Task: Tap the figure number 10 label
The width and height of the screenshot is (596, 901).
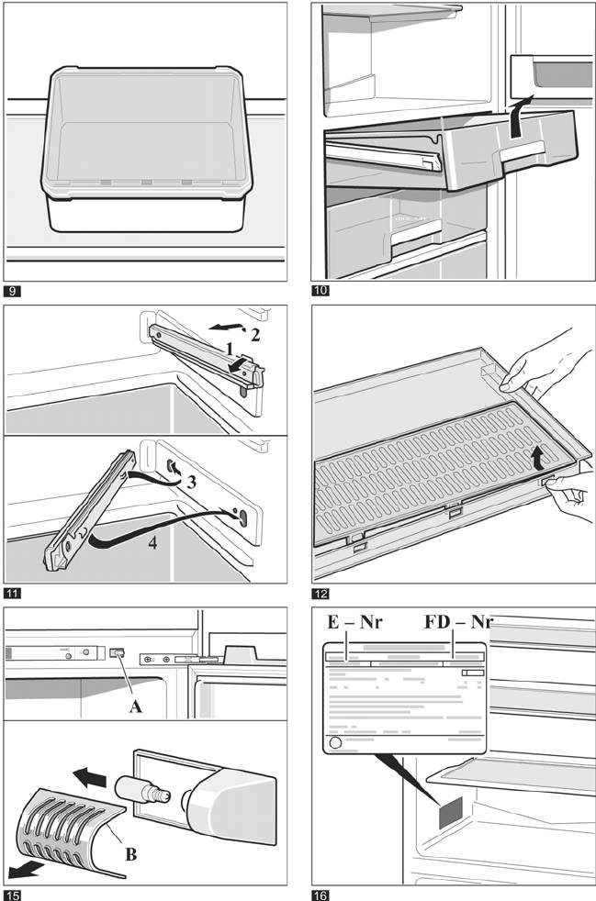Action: pyautogui.click(x=322, y=293)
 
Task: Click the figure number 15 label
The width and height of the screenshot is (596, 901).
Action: pyautogui.click(x=14, y=895)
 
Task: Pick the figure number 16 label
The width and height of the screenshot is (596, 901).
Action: pyautogui.click(x=322, y=895)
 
